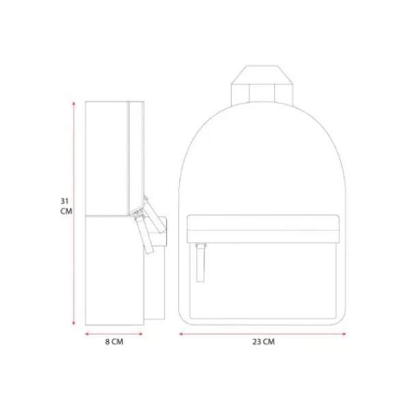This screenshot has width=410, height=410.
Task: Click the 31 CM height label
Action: tap(66, 206)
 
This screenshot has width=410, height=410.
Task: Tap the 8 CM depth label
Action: tap(114, 342)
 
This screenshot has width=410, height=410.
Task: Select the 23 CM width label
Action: tap(263, 342)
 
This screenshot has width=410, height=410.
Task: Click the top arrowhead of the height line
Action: tap(74, 104)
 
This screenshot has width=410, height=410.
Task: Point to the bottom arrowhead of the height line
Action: tap(74, 323)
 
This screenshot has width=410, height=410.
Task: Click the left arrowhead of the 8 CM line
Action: tap(87, 334)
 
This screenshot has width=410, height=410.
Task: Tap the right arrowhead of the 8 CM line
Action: tap(141, 334)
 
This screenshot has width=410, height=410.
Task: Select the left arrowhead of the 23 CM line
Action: tap(181, 334)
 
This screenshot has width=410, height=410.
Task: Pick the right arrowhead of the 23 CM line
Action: tap(344, 334)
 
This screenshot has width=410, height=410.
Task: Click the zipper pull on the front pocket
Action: tap(200, 263)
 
